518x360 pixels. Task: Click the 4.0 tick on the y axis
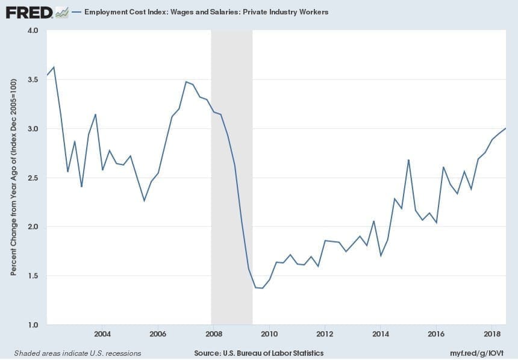(32, 30)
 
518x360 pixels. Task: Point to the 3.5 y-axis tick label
(32, 79)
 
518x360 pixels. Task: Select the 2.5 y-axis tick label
(32, 178)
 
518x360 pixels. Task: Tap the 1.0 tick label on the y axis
(32, 325)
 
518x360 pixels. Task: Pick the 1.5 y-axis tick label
(32, 276)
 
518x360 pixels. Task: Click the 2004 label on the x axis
(102, 334)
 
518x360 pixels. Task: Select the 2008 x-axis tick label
(213, 334)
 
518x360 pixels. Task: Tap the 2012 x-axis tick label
(325, 334)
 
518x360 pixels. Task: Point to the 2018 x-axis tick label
(492, 334)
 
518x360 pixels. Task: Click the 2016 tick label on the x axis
(436, 334)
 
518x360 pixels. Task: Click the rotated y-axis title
(13, 178)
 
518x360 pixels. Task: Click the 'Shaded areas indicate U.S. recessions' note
(78, 353)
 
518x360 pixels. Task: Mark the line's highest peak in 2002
(54, 67)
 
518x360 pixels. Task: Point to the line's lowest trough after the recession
(262, 288)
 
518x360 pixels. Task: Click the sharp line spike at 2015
(408, 160)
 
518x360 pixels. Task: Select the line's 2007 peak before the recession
(186, 82)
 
